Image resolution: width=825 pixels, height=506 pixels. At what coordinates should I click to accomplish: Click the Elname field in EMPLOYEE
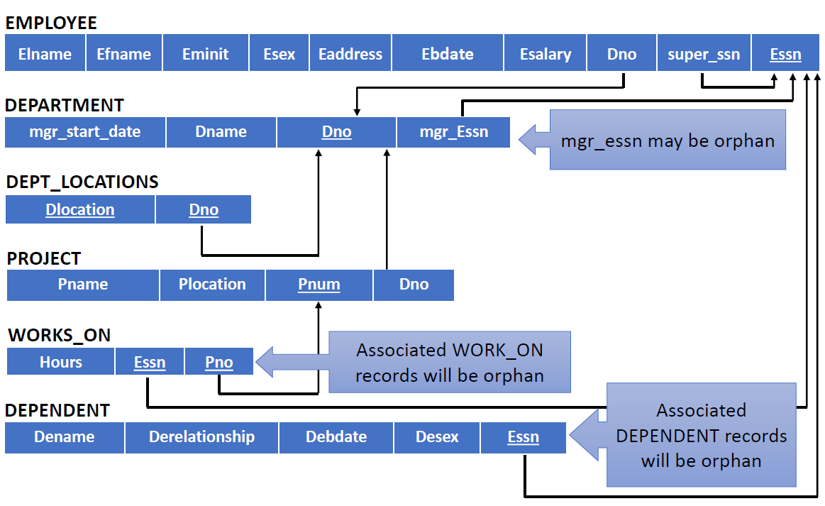tap(45, 53)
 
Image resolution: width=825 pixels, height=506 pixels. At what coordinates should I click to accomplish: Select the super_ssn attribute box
tap(704, 53)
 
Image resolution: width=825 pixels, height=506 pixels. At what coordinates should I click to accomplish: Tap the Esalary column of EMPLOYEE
tap(545, 53)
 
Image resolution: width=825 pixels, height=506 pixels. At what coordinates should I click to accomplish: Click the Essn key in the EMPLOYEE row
tap(785, 53)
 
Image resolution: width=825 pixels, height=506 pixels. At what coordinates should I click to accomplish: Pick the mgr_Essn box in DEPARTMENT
tap(453, 131)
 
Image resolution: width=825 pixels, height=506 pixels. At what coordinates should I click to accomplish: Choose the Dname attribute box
tap(221, 131)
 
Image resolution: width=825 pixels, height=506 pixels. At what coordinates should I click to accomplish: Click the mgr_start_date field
tap(85, 131)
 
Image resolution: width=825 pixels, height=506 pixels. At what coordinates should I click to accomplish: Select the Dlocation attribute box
tap(80, 209)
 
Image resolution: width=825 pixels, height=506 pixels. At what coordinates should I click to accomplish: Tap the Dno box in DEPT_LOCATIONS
tap(204, 209)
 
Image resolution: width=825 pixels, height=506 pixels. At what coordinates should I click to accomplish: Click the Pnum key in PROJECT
tap(319, 285)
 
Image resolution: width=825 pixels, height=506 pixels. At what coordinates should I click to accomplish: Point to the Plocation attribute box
tap(212, 285)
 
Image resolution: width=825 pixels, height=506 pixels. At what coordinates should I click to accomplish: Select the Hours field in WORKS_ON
tap(60, 362)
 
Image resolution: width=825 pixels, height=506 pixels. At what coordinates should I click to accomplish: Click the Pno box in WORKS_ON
tap(219, 362)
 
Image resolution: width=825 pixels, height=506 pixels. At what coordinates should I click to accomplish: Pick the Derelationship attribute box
tap(201, 437)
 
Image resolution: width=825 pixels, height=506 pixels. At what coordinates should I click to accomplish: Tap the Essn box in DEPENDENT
tap(523, 437)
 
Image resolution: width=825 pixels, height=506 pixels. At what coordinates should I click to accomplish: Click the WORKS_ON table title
tap(60, 336)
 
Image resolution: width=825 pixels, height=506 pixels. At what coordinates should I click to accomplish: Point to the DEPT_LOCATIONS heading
tap(82, 182)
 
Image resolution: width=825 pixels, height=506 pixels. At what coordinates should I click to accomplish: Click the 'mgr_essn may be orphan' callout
tap(667, 140)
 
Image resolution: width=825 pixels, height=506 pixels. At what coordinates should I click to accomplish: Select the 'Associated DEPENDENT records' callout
tap(701, 435)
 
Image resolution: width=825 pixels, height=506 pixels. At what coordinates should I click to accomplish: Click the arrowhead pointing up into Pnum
tap(319, 305)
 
